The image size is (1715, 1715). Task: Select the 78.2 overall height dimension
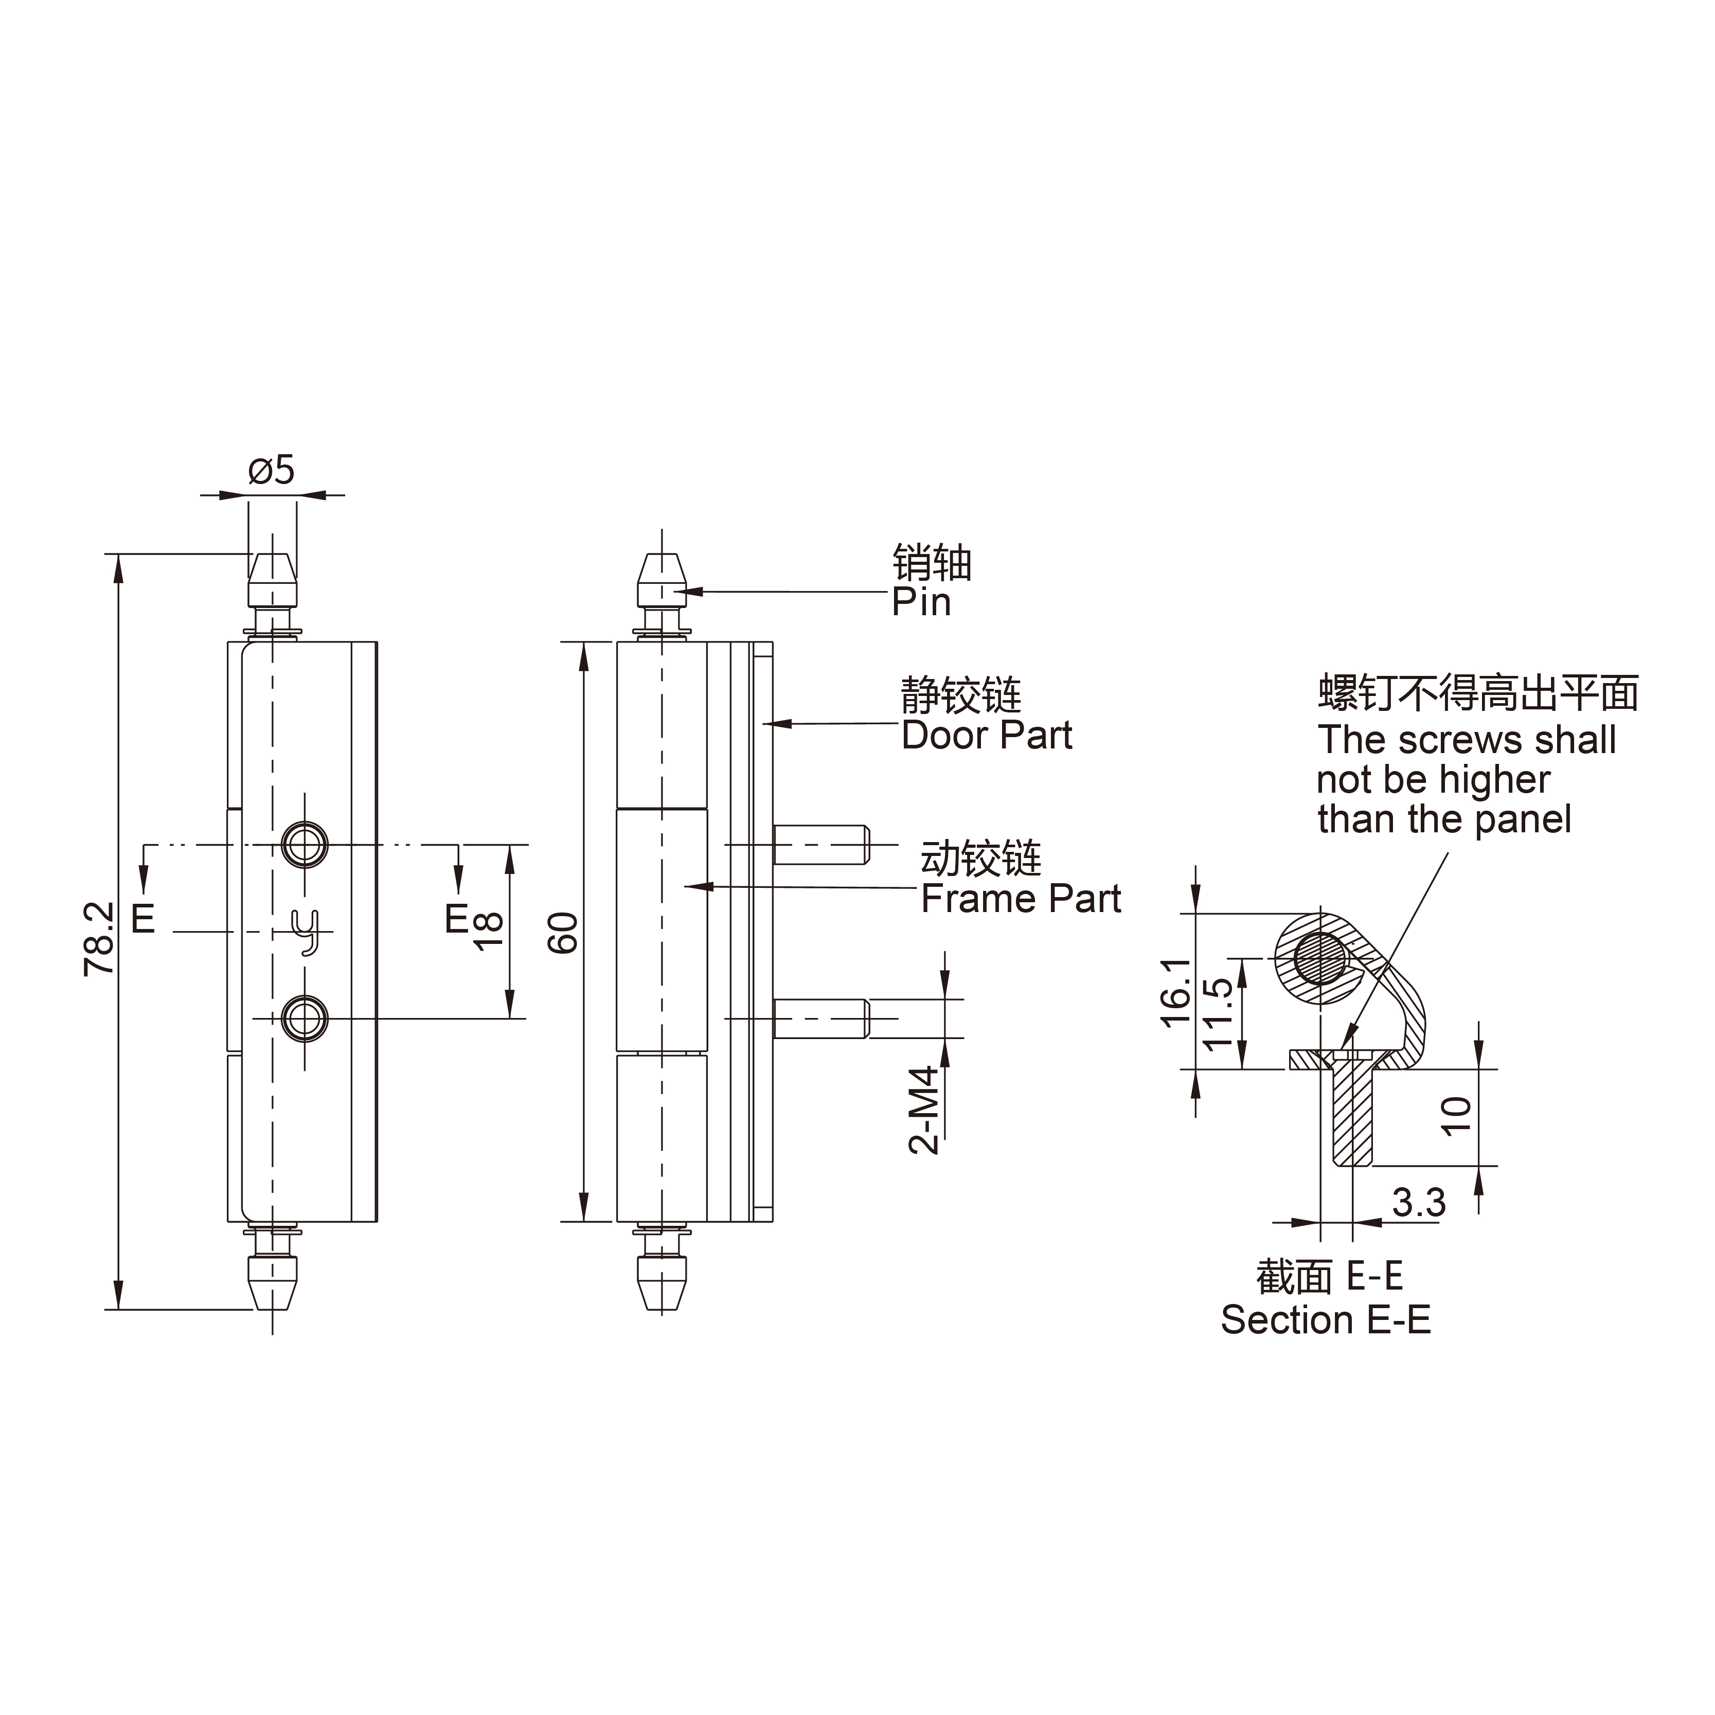pos(99,939)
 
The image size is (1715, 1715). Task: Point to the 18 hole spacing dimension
pos(489,931)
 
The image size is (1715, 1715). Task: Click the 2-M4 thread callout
pos(924,1110)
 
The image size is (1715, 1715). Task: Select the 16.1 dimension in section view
pos(1177,992)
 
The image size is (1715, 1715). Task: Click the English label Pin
pos(921,603)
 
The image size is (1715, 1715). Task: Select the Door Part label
pos(987,736)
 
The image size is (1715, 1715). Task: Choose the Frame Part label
pos(1021,899)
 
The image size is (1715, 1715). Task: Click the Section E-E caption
pos(1325,1320)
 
